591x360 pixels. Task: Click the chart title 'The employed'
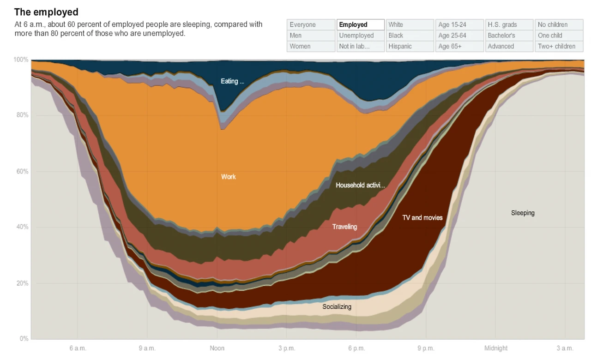(46, 12)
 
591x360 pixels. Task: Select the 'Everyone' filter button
(311, 24)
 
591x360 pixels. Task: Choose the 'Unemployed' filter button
(360, 36)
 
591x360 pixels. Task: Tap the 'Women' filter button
(311, 46)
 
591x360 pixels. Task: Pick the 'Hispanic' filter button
(410, 46)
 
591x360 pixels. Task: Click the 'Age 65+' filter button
(459, 46)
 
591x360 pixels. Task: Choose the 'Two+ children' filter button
(559, 46)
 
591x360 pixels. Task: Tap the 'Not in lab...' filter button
(360, 46)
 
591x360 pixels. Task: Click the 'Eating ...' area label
(232, 81)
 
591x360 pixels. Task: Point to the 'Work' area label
(229, 177)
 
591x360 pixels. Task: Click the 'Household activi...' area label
(360, 185)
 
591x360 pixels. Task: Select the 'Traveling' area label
(344, 227)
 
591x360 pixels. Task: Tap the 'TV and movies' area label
(422, 217)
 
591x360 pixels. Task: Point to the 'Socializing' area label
(337, 306)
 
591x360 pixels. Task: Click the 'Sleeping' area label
(523, 213)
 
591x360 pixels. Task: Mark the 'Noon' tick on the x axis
(217, 348)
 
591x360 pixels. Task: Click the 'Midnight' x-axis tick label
(496, 348)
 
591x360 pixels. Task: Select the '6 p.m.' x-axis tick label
(356, 348)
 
